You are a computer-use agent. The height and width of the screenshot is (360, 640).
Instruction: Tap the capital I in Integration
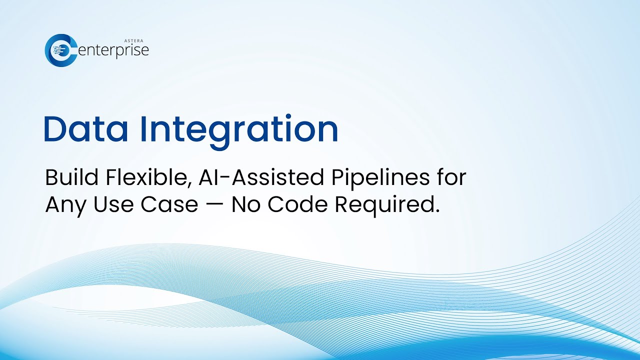(x=143, y=129)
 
